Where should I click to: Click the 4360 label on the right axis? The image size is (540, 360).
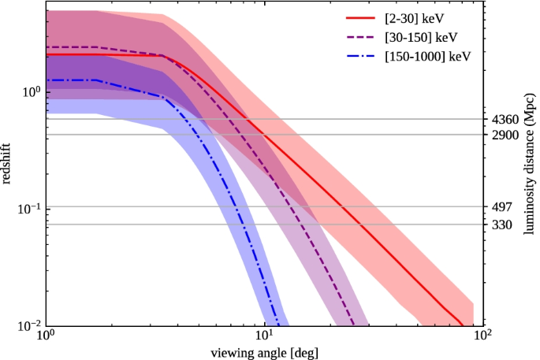[502, 120]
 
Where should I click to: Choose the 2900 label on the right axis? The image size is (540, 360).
[502, 135]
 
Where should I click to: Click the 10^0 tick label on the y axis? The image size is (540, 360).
[29, 91]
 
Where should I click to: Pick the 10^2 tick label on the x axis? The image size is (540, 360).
[482, 337]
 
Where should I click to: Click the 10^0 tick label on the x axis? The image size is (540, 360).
[46, 337]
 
